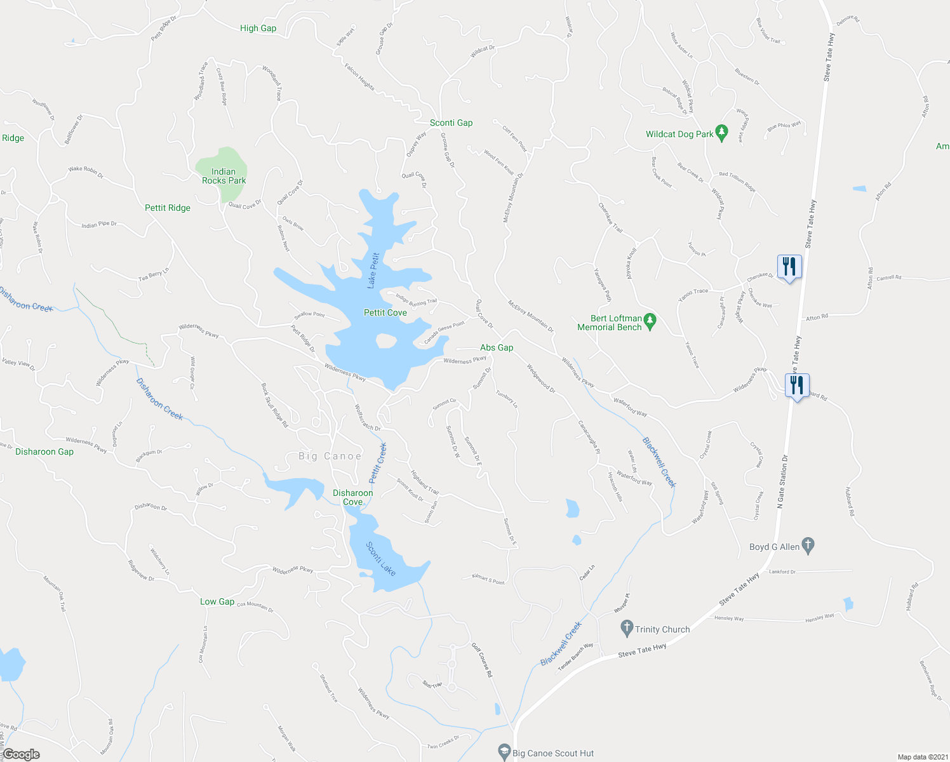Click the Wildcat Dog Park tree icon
(721, 133)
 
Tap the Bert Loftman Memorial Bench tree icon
(649, 321)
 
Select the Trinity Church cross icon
(627, 629)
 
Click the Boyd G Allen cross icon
(808, 545)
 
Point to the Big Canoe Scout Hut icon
(504, 752)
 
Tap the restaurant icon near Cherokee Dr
(789, 266)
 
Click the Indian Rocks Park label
(224, 176)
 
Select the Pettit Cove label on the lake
(385, 312)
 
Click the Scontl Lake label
(380, 559)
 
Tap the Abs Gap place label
(497, 347)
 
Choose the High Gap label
(258, 28)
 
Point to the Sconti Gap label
(451, 123)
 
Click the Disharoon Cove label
(353, 497)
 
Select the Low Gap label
(217, 601)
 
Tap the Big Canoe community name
(330, 456)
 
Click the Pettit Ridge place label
(168, 208)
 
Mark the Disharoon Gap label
(44, 451)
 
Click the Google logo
(21, 754)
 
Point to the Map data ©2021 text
(921, 757)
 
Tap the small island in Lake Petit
(385, 342)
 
